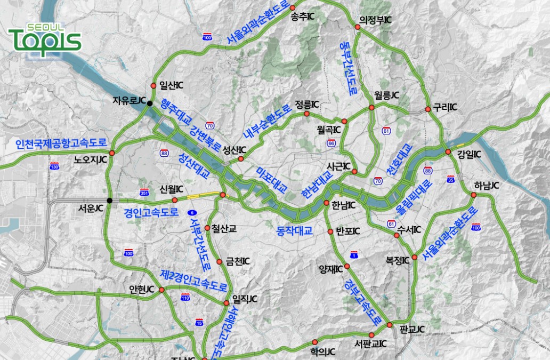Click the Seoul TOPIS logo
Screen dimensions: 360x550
tap(44, 38)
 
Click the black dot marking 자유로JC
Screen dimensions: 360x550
tap(150, 103)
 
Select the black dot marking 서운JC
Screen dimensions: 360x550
tap(109, 201)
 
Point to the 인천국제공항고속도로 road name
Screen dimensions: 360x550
tap(61, 143)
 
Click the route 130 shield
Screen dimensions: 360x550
tap(54, 167)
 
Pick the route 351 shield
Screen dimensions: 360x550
tap(144, 192)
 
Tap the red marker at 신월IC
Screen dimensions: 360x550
tap(175, 200)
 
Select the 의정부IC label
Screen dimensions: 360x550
tap(376, 20)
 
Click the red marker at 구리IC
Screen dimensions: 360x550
tap(428, 109)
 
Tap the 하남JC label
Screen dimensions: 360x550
tap(487, 186)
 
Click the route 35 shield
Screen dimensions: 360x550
tap(451, 180)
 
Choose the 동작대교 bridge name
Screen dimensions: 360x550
tap(294, 230)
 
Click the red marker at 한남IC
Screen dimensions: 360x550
tap(327, 203)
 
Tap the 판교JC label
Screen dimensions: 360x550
tap(412, 329)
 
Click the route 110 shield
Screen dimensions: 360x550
tap(185, 298)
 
